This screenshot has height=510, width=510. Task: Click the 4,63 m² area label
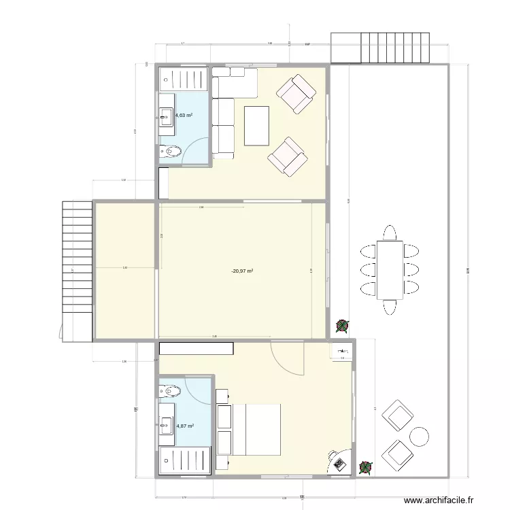point(184,116)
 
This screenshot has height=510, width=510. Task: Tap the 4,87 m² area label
point(186,426)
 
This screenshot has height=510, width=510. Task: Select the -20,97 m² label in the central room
point(242,271)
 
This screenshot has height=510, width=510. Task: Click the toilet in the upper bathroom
point(170,151)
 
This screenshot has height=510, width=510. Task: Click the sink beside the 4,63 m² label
point(166,118)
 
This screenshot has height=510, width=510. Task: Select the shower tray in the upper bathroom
point(184,79)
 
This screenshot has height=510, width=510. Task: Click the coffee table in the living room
point(257,126)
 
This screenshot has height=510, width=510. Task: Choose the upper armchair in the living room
point(296,93)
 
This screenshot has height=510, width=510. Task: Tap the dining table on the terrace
point(390,270)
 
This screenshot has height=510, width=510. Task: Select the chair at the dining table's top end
point(390,233)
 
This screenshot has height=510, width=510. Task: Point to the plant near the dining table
point(343,327)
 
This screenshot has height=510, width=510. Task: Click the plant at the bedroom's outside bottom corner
point(366,467)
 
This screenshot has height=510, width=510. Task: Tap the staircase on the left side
point(76,270)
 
